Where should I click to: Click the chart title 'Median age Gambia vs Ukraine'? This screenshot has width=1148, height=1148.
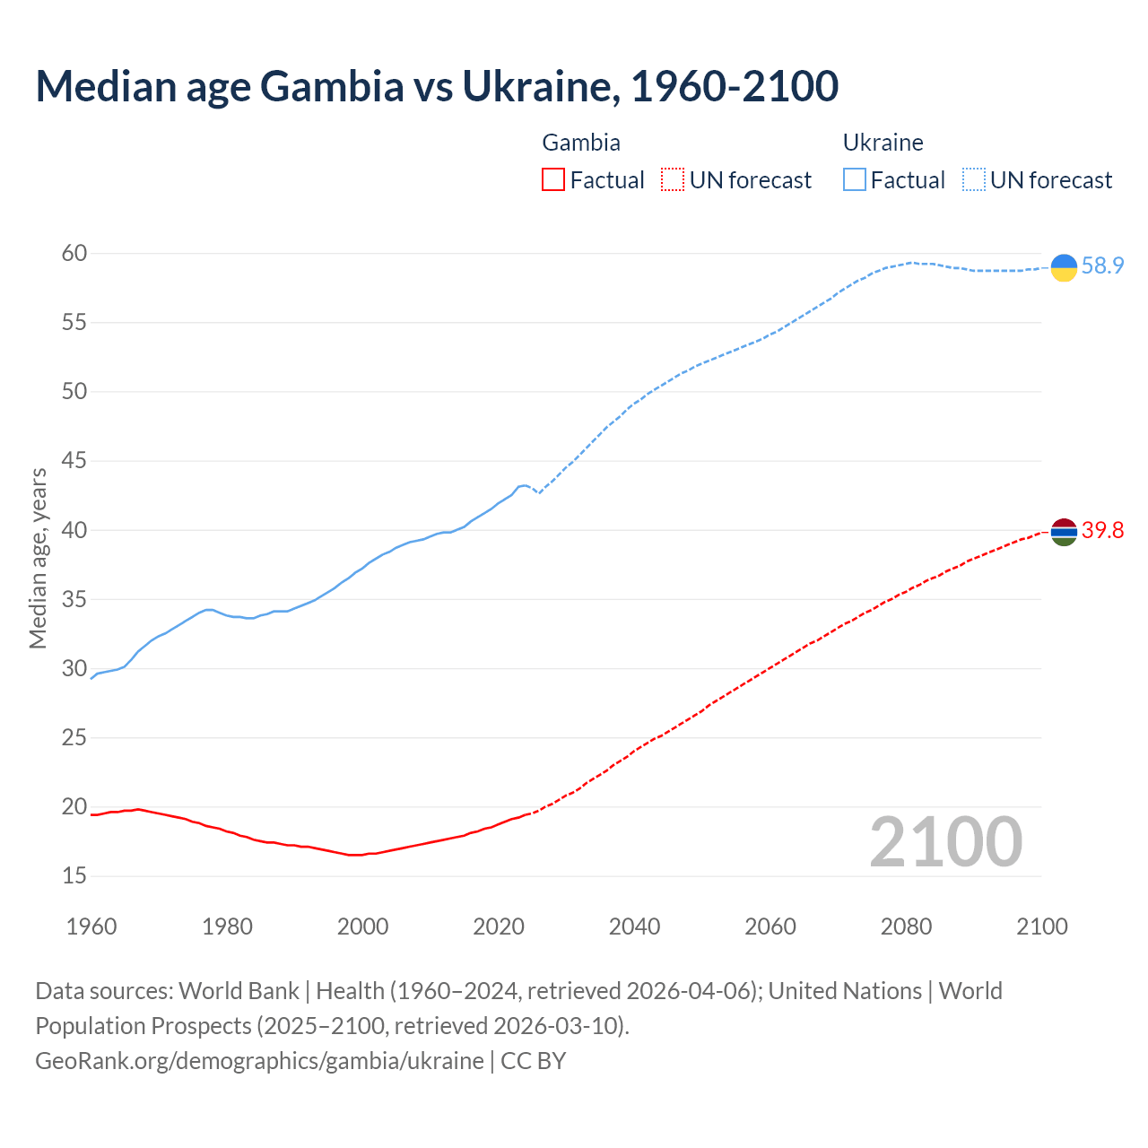pos(437,86)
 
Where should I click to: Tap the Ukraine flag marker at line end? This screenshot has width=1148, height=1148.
pos(1064,267)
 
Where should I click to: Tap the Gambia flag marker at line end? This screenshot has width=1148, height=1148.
pos(1064,532)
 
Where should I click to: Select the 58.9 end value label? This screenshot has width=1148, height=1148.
pos(1102,266)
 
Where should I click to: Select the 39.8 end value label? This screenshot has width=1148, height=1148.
pos(1102,531)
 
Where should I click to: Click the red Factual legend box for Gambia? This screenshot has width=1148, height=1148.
pos(553,180)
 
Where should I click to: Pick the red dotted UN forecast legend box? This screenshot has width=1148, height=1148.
pos(673,180)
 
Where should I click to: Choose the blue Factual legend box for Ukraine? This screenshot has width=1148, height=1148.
pos(855,180)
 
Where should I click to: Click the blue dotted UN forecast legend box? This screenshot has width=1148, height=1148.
pos(974,180)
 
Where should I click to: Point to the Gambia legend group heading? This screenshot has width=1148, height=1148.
pos(581,143)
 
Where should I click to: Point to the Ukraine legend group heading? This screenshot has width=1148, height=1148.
pos(883,143)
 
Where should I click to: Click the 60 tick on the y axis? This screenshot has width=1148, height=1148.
pos(74,254)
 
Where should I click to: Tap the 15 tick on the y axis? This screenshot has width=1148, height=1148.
pos(74,875)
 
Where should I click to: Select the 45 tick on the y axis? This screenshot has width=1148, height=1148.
pos(74,461)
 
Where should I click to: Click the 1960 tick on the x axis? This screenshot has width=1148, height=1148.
pos(91,926)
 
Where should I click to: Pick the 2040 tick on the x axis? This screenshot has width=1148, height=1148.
pos(634,926)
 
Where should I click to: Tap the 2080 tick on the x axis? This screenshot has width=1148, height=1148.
pos(906,926)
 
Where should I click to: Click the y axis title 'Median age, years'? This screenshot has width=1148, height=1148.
pos(38,558)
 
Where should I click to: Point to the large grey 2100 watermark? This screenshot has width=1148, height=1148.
pos(945,841)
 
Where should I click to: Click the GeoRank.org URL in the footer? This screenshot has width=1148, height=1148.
pos(259,1061)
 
